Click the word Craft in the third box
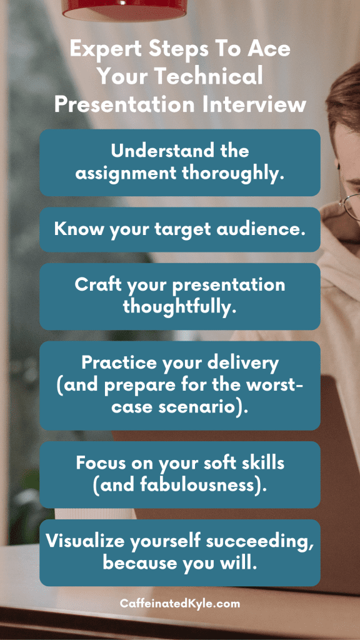pyautogui.click(x=98, y=285)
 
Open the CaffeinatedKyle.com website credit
pyautogui.click(x=180, y=603)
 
